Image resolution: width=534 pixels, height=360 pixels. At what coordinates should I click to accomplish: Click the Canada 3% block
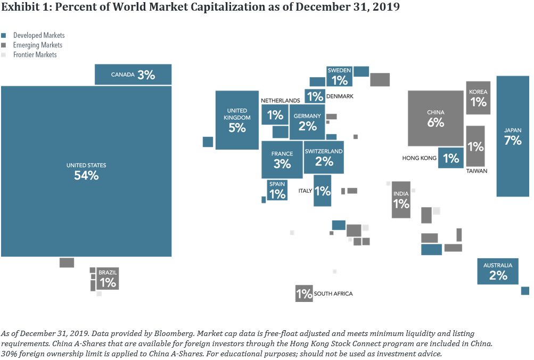tap(133, 75)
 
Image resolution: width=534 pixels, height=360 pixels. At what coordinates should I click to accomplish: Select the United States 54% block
tap(86, 171)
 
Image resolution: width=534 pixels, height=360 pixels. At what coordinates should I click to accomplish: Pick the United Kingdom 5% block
tap(237, 120)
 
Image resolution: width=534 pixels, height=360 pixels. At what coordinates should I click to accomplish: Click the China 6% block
tap(436, 118)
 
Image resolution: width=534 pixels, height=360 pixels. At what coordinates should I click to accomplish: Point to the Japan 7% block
tap(513, 136)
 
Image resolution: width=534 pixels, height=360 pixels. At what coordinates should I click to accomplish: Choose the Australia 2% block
tap(498, 271)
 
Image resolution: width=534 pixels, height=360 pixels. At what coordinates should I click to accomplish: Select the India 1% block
tap(401, 200)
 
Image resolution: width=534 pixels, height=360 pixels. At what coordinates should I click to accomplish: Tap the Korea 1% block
tap(478, 98)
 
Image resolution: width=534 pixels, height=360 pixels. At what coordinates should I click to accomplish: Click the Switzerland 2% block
tap(324, 158)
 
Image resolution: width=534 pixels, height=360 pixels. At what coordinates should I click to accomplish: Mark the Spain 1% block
tap(277, 190)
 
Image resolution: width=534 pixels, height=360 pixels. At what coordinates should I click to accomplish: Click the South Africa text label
tap(333, 294)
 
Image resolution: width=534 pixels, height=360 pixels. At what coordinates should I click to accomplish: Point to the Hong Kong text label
tap(420, 158)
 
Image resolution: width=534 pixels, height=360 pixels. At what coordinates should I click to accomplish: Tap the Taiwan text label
tap(477, 171)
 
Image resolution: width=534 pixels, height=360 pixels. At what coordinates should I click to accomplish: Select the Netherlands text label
tap(280, 101)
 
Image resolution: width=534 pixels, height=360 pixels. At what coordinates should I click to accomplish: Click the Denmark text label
tap(340, 96)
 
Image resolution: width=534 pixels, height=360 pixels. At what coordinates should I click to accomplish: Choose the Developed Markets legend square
tap(4, 36)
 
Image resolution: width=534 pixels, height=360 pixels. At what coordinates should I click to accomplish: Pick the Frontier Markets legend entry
tap(35, 55)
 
